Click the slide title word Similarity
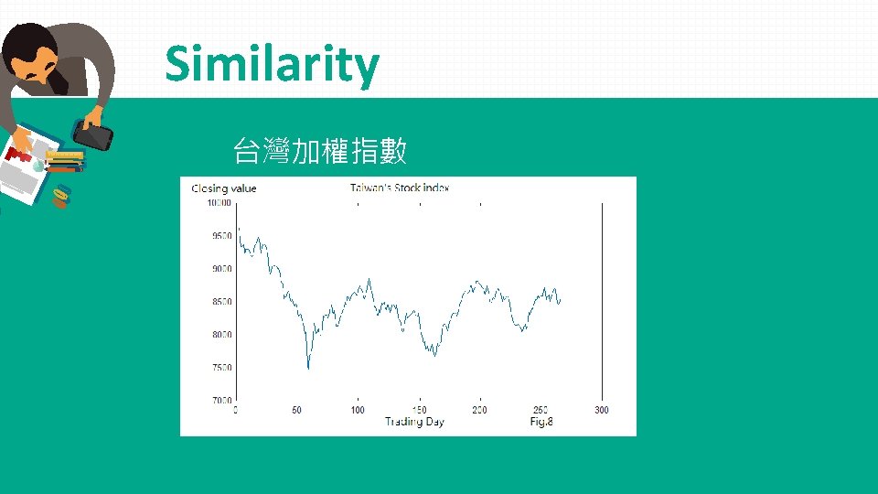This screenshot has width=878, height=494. pyautogui.click(x=272, y=65)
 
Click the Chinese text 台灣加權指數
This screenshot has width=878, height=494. pyautogui.click(x=320, y=151)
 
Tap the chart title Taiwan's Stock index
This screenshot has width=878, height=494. pyautogui.click(x=400, y=188)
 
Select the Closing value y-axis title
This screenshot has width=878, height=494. pyautogui.click(x=224, y=188)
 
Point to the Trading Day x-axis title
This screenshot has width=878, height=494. pyautogui.click(x=414, y=422)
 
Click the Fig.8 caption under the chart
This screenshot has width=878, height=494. pyautogui.click(x=541, y=422)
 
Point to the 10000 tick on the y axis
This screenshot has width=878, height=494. pyautogui.click(x=218, y=203)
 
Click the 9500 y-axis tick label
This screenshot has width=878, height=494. pyautogui.click(x=220, y=236)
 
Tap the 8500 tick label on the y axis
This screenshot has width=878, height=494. pyautogui.click(x=220, y=302)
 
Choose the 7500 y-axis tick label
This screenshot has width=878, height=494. pyautogui.click(x=220, y=368)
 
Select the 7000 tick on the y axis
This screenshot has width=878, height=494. pyautogui.click(x=220, y=401)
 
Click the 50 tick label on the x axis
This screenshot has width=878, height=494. pyautogui.click(x=296, y=410)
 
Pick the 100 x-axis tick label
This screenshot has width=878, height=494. pyautogui.click(x=358, y=410)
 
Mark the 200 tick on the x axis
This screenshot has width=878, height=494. pyautogui.click(x=479, y=410)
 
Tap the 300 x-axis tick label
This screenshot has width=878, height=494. pyautogui.click(x=602, y=410)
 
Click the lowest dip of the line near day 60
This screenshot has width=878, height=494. pyautogui.click(x=308, y=368)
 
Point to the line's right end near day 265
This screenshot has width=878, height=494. pyautogui.click(x=560, y=300)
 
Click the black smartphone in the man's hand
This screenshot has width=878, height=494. pyautogui.click(x=93, y=137)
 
